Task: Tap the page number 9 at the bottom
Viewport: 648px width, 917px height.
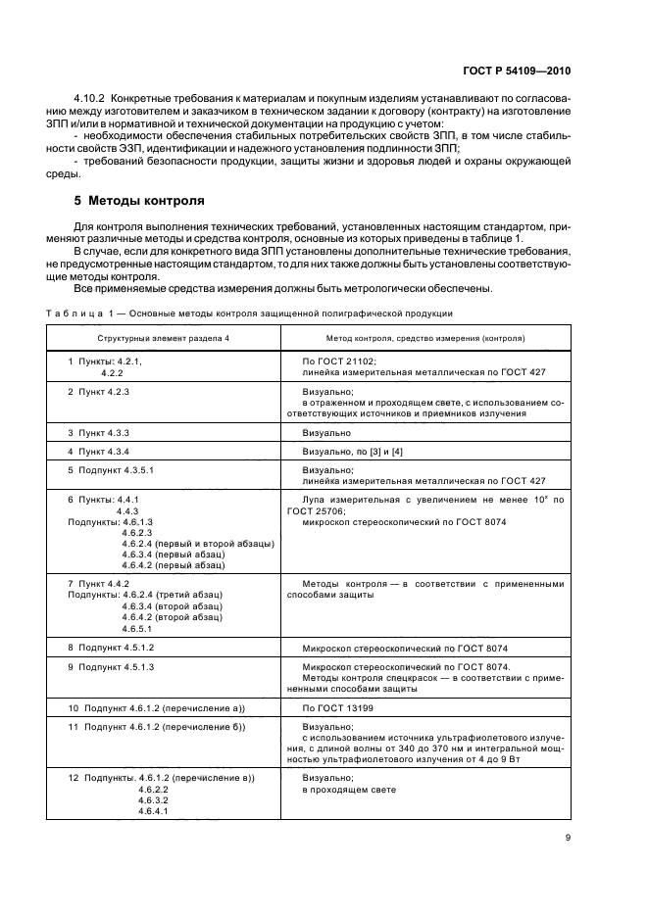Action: tap(568, 837)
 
